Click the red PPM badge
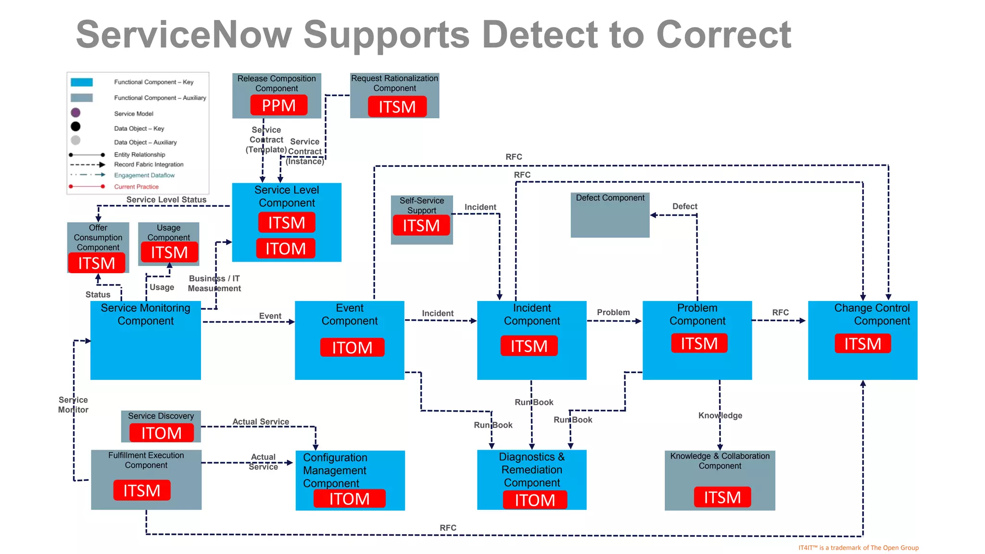pos(278,105)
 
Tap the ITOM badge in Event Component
pos(352,347)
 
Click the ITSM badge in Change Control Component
pos(862,344)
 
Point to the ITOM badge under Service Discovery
pos(161,433)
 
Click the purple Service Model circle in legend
pos(76,113)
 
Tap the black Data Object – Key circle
pos(76,126)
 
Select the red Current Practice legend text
pos(136,187)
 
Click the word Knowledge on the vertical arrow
pos(720,415)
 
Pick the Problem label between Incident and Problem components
pos(613,313)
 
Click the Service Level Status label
pos(166,200)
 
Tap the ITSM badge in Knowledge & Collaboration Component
pos(722,497)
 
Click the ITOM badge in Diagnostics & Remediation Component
pos(534,500)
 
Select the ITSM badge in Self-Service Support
pos(421,225)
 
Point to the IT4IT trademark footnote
pos(858,548)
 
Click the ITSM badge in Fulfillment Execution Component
pos(142,491)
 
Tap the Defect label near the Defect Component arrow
pos(684,206)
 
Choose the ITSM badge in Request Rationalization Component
pos(397,107)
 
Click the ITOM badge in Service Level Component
pos(286,249)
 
